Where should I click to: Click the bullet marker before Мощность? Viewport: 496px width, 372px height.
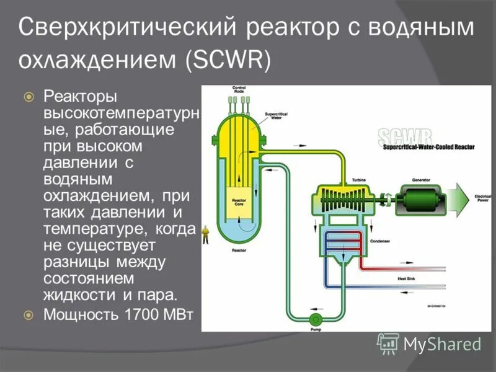[x=28, y=315]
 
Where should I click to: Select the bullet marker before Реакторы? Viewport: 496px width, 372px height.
[x=28, y=97]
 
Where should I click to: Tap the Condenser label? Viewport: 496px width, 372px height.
[x=379, y=241]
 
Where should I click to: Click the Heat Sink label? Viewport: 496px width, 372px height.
[x=406, y=278]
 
